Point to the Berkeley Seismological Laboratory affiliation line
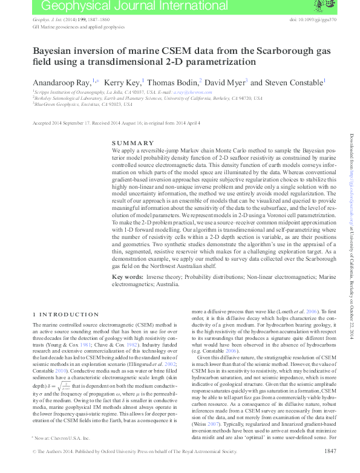[148, 97]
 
